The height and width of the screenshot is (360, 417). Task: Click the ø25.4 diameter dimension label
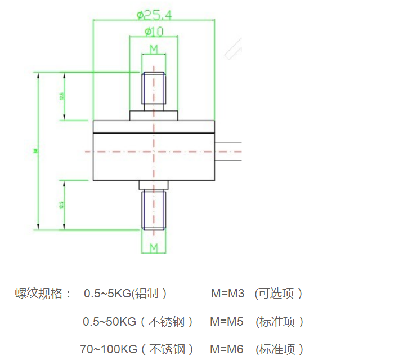click(x=154, y=14)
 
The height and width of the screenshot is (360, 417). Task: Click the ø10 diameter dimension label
click(x=154, y=32)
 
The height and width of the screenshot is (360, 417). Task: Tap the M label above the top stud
click(x=153, y=49)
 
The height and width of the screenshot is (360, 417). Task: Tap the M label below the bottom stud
click(x=153, y=247)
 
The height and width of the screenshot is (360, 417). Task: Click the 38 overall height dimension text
click(x=35, y=150)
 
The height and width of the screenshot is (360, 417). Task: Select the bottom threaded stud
click(x=154, y=210)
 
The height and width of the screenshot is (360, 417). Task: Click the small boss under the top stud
click(x=154, y=115)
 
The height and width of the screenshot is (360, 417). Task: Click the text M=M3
click(x=227, y=294)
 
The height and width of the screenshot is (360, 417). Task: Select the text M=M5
click(x=227, y=322)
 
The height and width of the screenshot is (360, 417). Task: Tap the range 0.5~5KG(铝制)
click(x=125, y=294)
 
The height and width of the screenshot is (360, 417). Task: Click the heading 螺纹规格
click(x=43, y=294)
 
